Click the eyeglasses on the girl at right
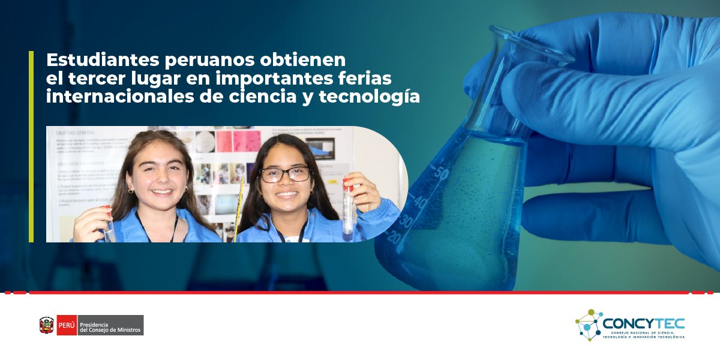tap(285, 175)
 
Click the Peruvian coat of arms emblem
tap(47, 325)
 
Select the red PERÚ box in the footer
tap(67, 325)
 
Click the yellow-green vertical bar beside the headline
tap(31, 146)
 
